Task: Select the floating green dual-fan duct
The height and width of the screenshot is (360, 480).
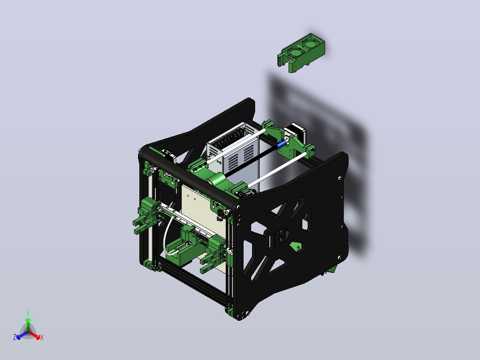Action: click(x=301, y=53)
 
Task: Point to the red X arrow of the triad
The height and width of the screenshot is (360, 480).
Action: click(x=34, y=335)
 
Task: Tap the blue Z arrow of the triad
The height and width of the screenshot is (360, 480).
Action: click(x=22, y=335)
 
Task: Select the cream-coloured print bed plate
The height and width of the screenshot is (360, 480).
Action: click(x=203, y=214)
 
